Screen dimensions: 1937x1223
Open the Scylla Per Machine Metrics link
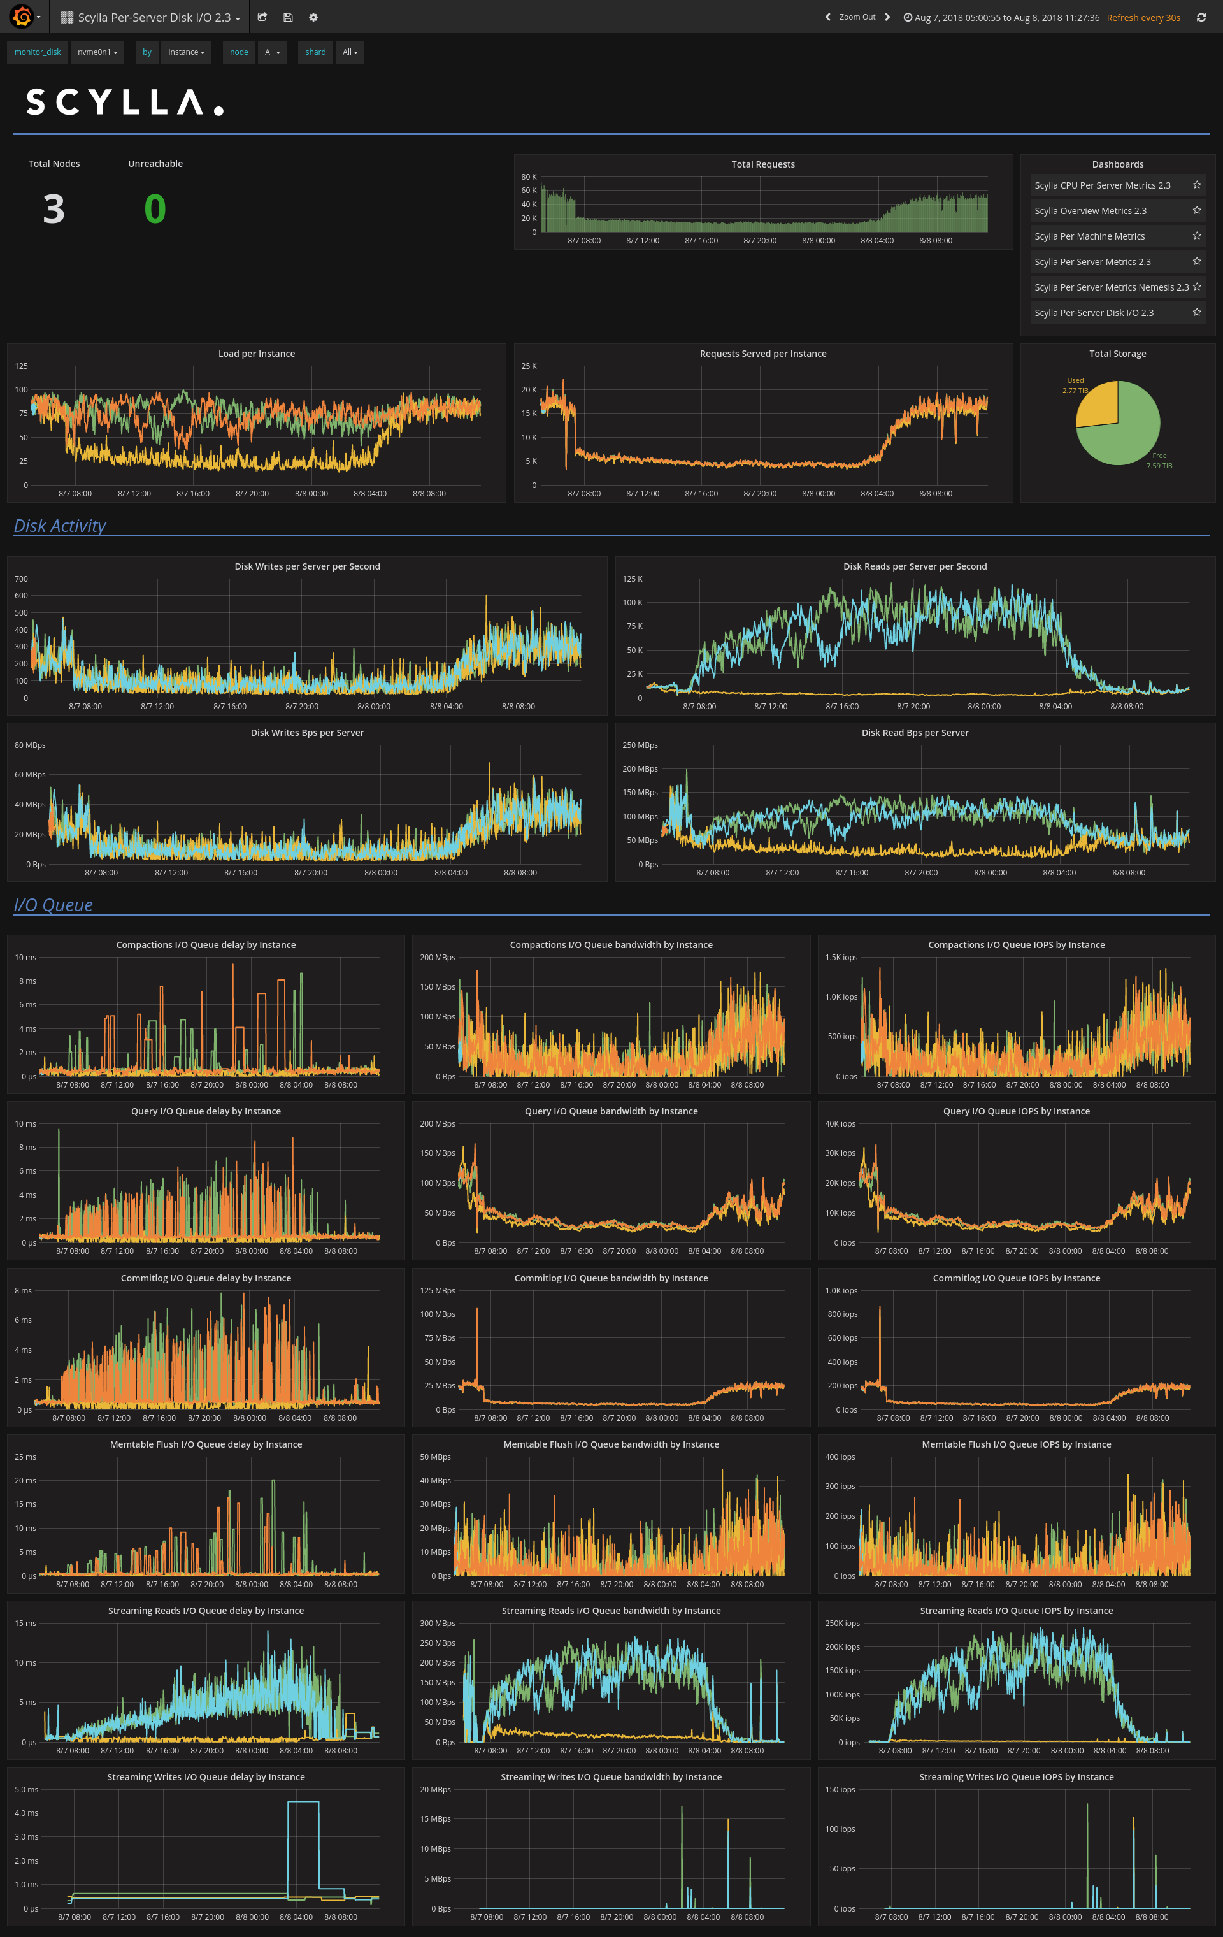click(1089, 236)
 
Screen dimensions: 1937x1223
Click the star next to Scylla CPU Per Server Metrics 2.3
click(1196, 185)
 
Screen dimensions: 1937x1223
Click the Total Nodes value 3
click(54, 209)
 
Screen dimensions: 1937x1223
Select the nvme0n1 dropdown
click(96, 52)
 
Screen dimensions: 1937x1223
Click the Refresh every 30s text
click(1143, 18)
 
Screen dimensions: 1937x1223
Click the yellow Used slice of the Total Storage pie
click(1100, 405)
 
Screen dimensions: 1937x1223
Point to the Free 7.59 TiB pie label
click(1159, 461)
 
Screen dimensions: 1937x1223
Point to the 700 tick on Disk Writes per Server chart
click(21, 579)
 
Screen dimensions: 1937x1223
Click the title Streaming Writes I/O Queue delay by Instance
click(206, 1777)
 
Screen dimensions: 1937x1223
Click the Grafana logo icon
click(22, 17)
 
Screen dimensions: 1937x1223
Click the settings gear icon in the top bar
click(313, 18)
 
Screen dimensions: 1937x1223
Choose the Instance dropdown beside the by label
click(186, 52)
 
